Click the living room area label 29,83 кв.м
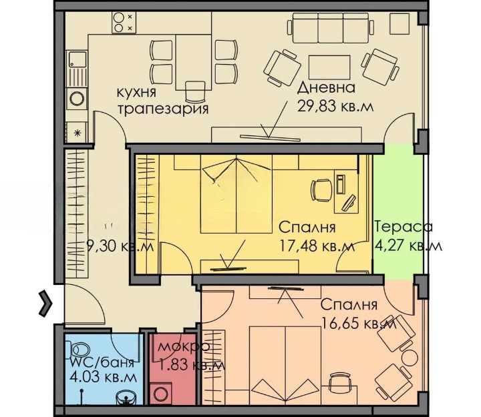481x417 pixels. (x=335, y=107)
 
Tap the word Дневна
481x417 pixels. (x=327, y=88)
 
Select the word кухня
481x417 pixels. (x=136, y=92)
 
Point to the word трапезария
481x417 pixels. (x=163, y=109)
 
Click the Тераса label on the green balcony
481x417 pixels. (x=404, y=228)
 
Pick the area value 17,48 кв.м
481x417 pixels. (x=317, y=246)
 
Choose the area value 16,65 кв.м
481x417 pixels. (x=359, y=323)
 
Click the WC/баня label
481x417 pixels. (x=102, y=364)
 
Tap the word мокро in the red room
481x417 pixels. (x=184, y=347)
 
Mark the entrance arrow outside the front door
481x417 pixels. (x=46, y=304)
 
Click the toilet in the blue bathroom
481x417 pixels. (x=80, y=350)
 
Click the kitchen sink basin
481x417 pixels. (x=77, y=60)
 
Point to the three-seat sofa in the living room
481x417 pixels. (x=331, y=28)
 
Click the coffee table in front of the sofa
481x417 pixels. (x=329, y=67)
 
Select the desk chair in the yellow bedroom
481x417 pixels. (x=322, y=191)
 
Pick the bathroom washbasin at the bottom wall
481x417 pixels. (x=126, y=398)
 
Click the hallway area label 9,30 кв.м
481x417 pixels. (x=120, y=246)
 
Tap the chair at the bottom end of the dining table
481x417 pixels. (x=195, y=91)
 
